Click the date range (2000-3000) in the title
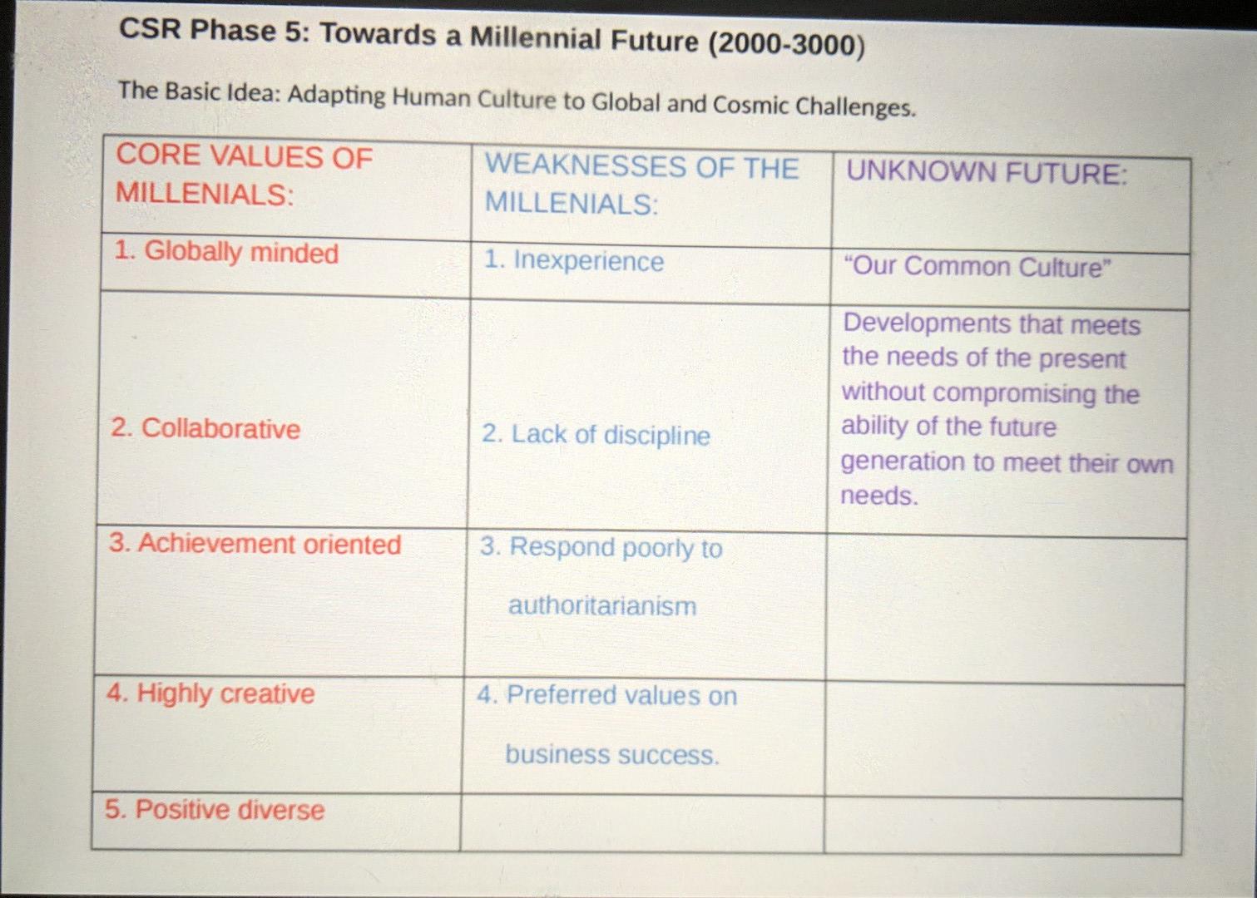786,43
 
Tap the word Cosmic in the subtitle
750,105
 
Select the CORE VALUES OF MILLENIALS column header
244,175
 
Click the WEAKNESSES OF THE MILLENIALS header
641,185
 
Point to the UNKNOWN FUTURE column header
987,173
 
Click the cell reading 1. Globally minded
226,252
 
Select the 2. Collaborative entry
205,428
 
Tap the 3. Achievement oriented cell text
255,544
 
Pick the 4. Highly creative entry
210,693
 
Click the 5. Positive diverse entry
215,810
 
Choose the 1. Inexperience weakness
574,261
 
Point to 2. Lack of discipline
596,435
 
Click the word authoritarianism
602,606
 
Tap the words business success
611,755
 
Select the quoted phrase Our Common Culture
977,267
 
